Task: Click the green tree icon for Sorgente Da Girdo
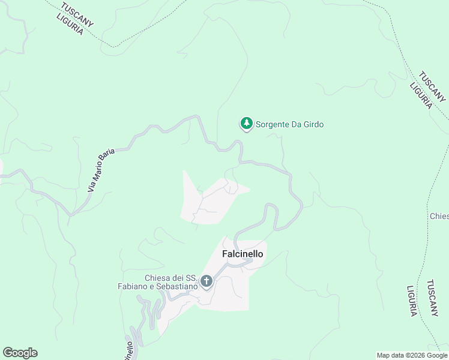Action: tap(246, 124)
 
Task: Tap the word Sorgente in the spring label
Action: tap(274, 125)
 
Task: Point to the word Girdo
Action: tap(313, 125)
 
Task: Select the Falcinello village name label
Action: tap(243, 254)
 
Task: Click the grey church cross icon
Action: tap(206, 281)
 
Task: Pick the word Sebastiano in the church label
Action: tap(178, 287)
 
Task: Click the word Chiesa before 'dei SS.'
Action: tap(158, 278)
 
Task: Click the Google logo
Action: tap(20, 353)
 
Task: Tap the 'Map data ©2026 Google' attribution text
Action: tap(412, 355)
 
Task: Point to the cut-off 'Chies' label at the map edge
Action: tap(439, 216)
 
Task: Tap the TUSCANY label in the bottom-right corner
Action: tap(432, 298)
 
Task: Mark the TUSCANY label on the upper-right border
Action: tap(432, 86)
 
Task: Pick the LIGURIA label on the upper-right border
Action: tap(421, 95)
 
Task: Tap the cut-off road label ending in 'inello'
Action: tap(128, 350)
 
